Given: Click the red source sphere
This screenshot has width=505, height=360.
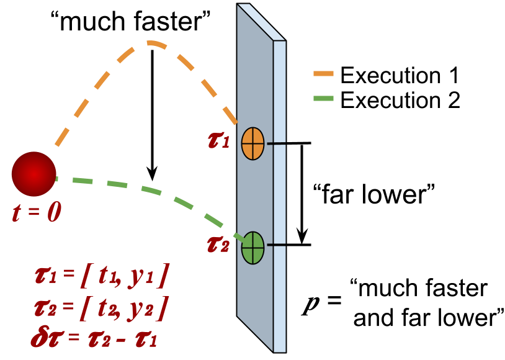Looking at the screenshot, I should pos(34,174).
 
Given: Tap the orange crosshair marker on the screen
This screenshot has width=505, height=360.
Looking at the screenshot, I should pos(253,143).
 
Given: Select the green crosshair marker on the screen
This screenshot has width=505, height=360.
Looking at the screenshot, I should pos(253,248).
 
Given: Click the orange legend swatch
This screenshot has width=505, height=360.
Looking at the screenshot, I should pos(323,73).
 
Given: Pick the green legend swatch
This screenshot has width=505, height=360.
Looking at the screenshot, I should pos(323,98).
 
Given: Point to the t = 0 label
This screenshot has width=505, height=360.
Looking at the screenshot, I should pos(37,213).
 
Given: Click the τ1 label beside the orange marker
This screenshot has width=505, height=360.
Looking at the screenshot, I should pos(218,140).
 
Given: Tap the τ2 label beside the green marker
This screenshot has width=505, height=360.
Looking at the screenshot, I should pos(218,245).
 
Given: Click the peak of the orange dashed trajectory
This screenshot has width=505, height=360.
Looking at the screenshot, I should pos(151,43).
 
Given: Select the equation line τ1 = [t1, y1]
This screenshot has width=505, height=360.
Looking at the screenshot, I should pos(101,275).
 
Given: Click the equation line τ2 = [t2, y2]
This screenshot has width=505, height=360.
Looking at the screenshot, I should pos(101,307).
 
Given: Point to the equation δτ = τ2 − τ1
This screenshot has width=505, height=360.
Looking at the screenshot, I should pos(94,338).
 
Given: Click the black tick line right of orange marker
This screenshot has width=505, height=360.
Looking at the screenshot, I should pos(277,143).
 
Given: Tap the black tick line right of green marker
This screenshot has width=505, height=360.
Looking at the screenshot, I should pos(277,245).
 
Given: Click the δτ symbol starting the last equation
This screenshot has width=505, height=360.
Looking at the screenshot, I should pos(47,338).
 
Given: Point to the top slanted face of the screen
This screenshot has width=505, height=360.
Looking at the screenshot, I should pos(261,21).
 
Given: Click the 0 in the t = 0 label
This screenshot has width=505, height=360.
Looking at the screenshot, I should pos(54,213).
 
